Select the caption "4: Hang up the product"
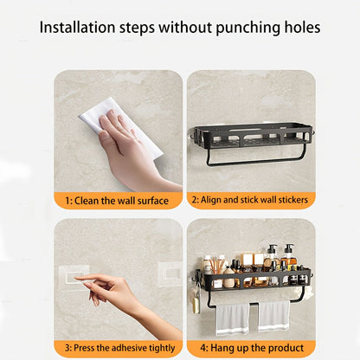(x=249, y=349)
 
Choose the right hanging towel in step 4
(x=273, y=315)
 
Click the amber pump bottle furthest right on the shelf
(x=288, y=259)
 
